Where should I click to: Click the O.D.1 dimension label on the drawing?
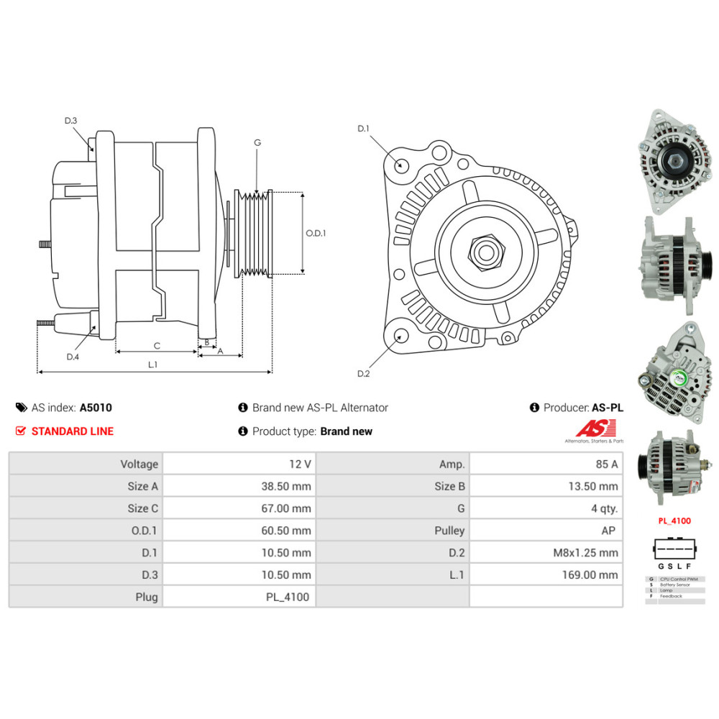[316, 233]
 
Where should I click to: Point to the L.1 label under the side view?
[152, 365]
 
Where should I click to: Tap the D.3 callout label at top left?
[70, 121]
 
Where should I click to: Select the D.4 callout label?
[73, 357]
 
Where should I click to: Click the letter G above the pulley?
[257, 142]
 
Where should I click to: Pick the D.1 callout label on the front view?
[363, 129]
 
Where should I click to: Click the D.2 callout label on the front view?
[363, 373]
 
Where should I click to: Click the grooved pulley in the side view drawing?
[255, 233]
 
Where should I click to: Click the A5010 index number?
[96, 408]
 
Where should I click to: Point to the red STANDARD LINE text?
[72, 431]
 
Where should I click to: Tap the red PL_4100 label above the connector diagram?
[674, 519]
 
